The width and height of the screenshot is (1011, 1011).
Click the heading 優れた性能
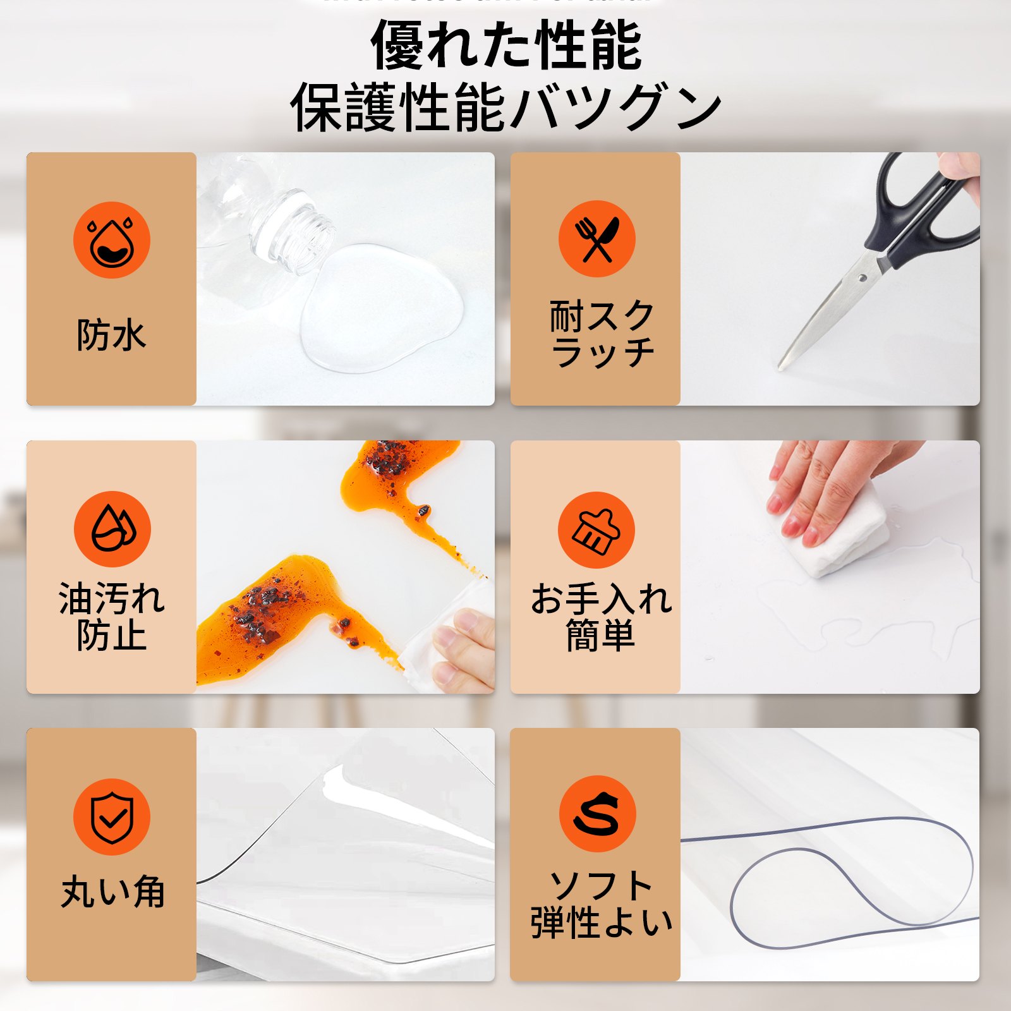point(505,45)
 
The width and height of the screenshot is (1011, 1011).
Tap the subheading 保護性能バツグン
point(505,107)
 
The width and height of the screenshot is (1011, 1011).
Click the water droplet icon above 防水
point(112,240)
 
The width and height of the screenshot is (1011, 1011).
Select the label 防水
point(112,335)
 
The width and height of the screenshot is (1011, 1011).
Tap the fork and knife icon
point(596,239)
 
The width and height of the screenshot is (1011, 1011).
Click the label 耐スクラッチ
point(602,334)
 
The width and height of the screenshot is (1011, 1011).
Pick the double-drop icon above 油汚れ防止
point(112,529)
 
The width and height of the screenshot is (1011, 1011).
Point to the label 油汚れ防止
point(112,617)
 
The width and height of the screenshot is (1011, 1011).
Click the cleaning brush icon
point(596,530)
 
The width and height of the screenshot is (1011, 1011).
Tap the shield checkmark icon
point(112,817)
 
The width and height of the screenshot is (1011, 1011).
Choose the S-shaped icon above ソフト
point(597,814)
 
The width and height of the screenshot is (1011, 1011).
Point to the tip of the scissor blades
point(782,366)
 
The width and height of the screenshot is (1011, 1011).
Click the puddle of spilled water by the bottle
point(379,310)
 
